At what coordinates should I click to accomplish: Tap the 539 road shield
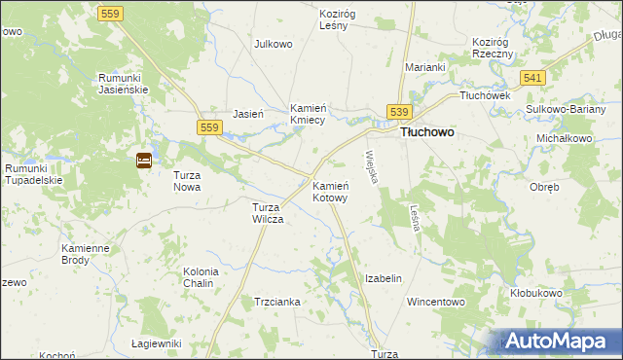400,112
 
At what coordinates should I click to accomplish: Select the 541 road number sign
531,77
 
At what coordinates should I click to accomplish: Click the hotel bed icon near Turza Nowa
143,161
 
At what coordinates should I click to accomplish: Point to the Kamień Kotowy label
330,191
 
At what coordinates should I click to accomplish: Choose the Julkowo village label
274,44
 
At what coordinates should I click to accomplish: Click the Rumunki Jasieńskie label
122,84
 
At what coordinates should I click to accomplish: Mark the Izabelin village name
383,278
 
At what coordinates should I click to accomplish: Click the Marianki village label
425,67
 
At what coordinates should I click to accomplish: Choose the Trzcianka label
276,302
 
